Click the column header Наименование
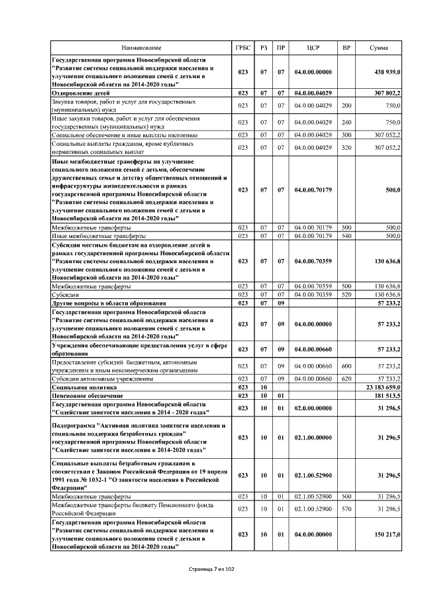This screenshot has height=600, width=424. [x=141, y=48]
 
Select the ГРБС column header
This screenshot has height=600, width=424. [x=243, y=48]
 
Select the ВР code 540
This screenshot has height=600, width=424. [x=346, y=235]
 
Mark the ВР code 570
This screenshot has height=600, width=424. [x=346, y=509]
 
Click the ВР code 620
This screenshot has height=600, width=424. [x=346, y=377]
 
